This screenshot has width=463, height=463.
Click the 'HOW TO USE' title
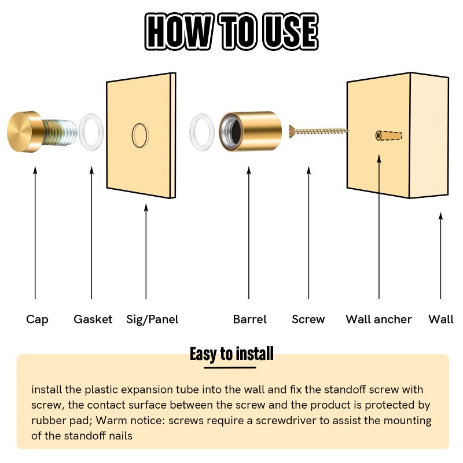point(231,31)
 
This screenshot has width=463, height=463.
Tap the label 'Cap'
point(37,319)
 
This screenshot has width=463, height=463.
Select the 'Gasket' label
point(93,319)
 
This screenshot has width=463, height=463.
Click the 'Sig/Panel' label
point(152,319)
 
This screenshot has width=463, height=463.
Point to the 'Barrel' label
point(250,319)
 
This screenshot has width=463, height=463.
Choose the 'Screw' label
point(308,319)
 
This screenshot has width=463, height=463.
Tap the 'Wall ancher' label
point(379,319)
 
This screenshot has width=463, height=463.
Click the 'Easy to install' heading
point(231,354)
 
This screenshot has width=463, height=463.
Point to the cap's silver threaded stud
point(59,133)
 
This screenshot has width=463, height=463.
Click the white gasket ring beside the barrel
point(193,132)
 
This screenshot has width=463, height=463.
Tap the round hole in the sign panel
point(133,135)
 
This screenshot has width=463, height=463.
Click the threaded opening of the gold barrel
point(232,131)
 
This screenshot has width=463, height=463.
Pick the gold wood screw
point(318,131)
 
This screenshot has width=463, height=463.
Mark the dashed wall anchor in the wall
point(388,135)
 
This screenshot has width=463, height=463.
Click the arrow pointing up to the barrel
point(249,233)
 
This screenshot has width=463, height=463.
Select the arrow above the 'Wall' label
point(440,256)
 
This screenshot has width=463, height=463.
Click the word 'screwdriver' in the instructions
point(286,421)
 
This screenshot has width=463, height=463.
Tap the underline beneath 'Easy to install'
point(230,368)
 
